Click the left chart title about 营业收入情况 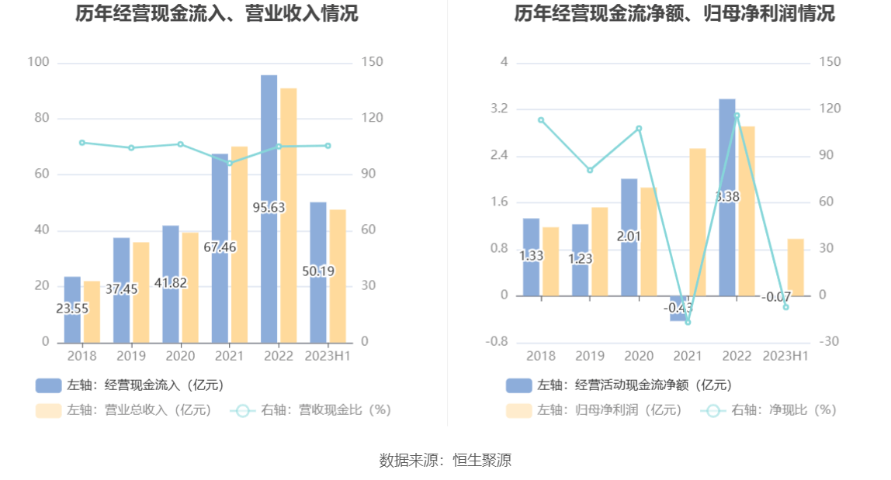pos(217,13)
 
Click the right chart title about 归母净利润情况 pos(674,13)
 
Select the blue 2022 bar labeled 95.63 pos(269,155)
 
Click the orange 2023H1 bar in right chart pos(796,268)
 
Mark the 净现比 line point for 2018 pos(541,119)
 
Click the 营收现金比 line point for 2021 pos(229,163)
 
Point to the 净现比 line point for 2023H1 pos(785,307)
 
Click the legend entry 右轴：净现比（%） pos(768,410)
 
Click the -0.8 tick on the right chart pos(497,342)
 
